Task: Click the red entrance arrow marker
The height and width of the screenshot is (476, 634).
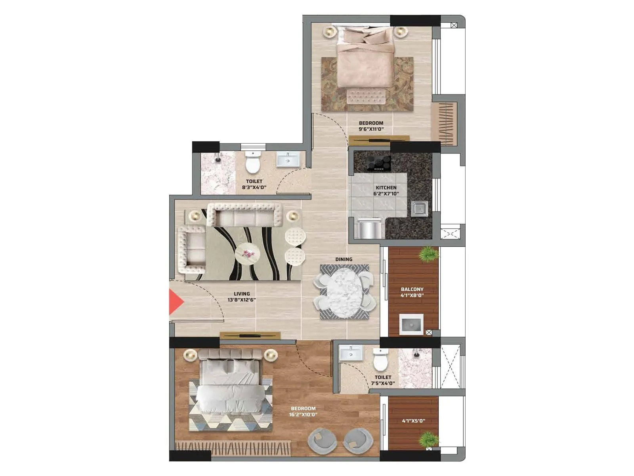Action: pos(176,302)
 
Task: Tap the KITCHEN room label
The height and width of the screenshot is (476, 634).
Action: pos(386,188)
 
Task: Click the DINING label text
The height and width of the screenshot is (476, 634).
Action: pos(344,259)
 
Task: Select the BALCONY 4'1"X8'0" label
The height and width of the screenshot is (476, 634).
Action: pos(412,292)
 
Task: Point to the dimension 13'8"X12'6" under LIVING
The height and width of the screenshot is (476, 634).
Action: pos(242,300)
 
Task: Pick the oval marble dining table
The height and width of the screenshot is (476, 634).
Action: pos(343,292)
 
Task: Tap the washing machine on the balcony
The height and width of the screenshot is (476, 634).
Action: pos(411,324)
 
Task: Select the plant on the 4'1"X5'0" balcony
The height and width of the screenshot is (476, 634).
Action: pos(428,440)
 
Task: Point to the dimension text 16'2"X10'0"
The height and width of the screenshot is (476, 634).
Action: pos(303,415)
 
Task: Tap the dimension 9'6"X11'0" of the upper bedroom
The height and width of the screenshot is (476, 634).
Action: pos(371,129)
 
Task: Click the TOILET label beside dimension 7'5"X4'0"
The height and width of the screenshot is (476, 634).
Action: pos(383,377)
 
